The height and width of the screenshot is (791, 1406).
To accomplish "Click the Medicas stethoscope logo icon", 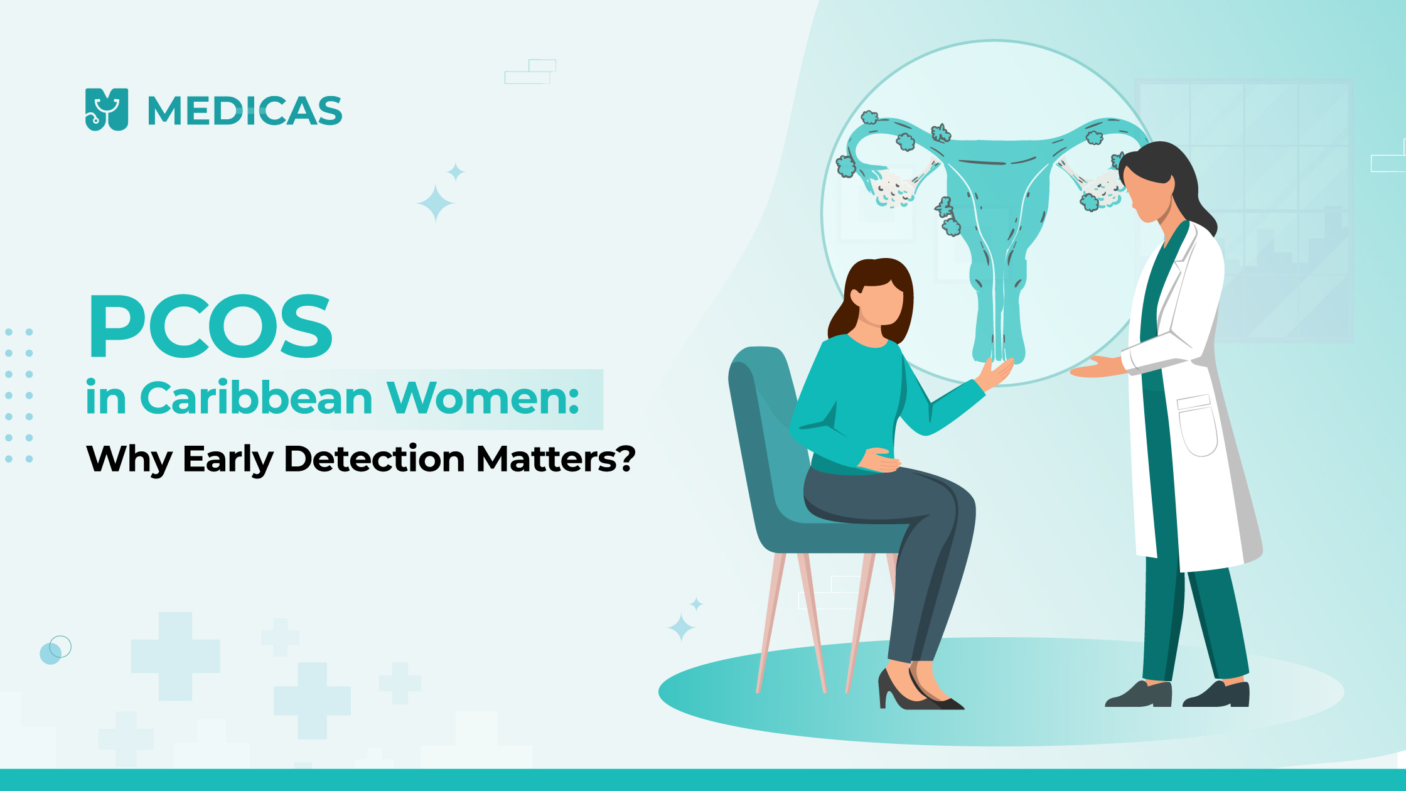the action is [107, 110].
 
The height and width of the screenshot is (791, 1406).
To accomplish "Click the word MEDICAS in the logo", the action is [245, 111].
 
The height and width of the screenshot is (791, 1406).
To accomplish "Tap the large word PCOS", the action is [211, 326].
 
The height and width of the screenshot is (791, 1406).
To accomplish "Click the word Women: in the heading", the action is [483, 398].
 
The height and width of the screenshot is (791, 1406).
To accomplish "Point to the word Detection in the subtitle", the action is [375, 458].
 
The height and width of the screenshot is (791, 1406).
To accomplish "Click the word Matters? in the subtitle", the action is [556, 459].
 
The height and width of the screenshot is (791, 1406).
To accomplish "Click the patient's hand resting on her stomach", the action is [879, 460].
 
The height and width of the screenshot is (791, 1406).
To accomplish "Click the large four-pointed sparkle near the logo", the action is [436, 203].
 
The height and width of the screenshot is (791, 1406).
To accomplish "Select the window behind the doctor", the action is [1243, 210].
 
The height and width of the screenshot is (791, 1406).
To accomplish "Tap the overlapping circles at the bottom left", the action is [55, 650].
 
